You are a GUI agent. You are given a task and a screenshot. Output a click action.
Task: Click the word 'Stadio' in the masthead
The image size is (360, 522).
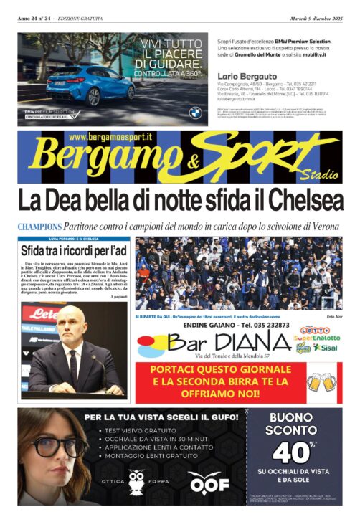[x=319, y=174]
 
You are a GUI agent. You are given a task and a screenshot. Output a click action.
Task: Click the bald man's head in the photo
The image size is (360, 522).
[x=72, y=325]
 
